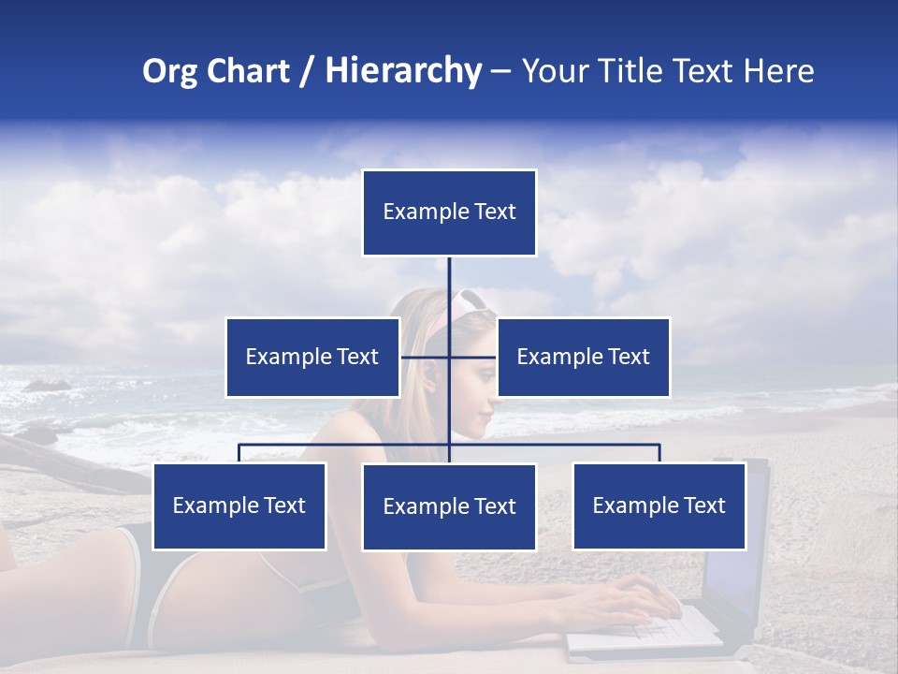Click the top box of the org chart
click(449, 212)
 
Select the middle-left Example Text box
click(312, 357)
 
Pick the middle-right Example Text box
click(584, 357)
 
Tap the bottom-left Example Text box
click(239, 506)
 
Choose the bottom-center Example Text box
click(449, 507)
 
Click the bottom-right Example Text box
click(659, 506)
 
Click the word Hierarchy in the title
click(403, 71)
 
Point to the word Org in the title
click(169, 71)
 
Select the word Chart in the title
click(245, 71)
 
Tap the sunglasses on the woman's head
click(471, 300)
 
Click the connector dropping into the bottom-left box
click(239, 453)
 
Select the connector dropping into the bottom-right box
click(659, 453)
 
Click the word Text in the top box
click(492, 212)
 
